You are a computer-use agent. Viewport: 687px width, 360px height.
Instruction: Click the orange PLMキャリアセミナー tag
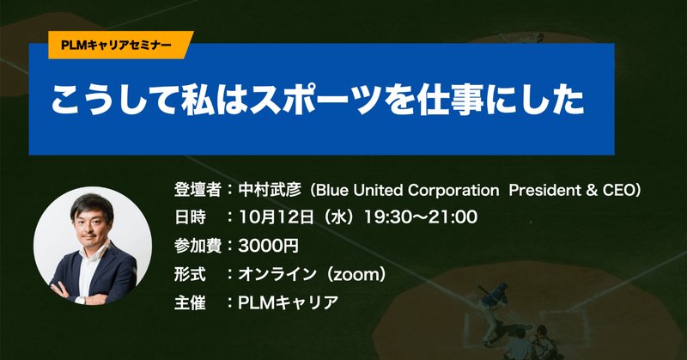111,43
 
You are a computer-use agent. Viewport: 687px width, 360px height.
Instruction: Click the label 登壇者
198,187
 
